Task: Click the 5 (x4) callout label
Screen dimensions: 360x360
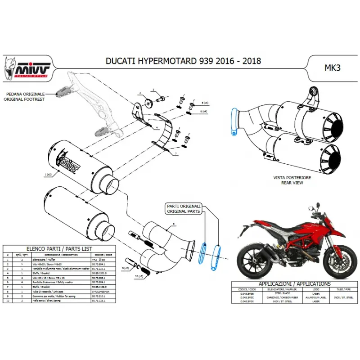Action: click(x=204, y=103)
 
